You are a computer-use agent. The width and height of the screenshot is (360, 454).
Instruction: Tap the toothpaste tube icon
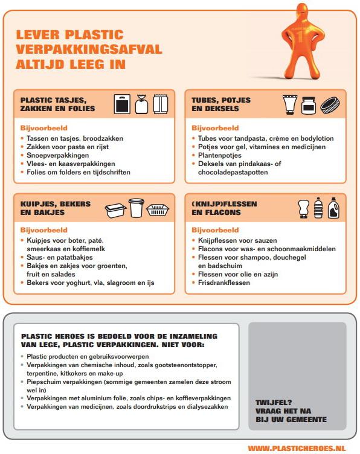pyautogui.click(x=290, y=104)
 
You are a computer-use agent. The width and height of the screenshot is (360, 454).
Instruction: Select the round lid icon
pyautogui.click(x=330, y=106)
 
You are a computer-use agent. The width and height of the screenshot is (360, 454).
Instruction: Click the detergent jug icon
pyautogui.click(x=333, y=208)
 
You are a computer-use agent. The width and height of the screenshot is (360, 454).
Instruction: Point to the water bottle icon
pyautogui.click(x=318, y=208)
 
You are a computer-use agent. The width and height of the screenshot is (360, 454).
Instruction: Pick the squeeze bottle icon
pyautogui.click(x=304, y=208)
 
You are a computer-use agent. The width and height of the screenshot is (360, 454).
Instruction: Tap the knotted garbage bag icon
pyautogui.click(x=141, y=104)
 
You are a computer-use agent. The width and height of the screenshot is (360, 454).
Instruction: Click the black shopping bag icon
pyautogui.click(x=122, y=104)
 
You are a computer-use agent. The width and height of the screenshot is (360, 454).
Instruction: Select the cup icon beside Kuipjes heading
pyautogui.click(x=136, y=208)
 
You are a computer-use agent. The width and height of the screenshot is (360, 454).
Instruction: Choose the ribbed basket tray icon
pyautogui.click(x=158, y=210)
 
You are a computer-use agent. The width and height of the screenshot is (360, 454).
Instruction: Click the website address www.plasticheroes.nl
pyautogui.click(x=297, y=449)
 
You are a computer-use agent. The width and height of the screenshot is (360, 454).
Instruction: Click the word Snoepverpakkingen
pyautogui.click(x=57, y=155)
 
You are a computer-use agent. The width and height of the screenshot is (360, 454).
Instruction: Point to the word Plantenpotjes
pyautogui.click(x=219, y=155)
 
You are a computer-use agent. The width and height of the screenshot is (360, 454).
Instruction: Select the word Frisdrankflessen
pyautogui.click(x=224, y=283)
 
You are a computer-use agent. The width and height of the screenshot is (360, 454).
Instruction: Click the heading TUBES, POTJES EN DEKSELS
pyautogui.click(x=221, y=104)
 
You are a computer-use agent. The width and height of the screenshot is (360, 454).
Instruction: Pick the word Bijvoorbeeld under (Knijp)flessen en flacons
pyautogui.click(x=215, y=230)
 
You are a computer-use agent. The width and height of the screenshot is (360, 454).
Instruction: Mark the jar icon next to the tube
pyautogui.click(x=309, y=105)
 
